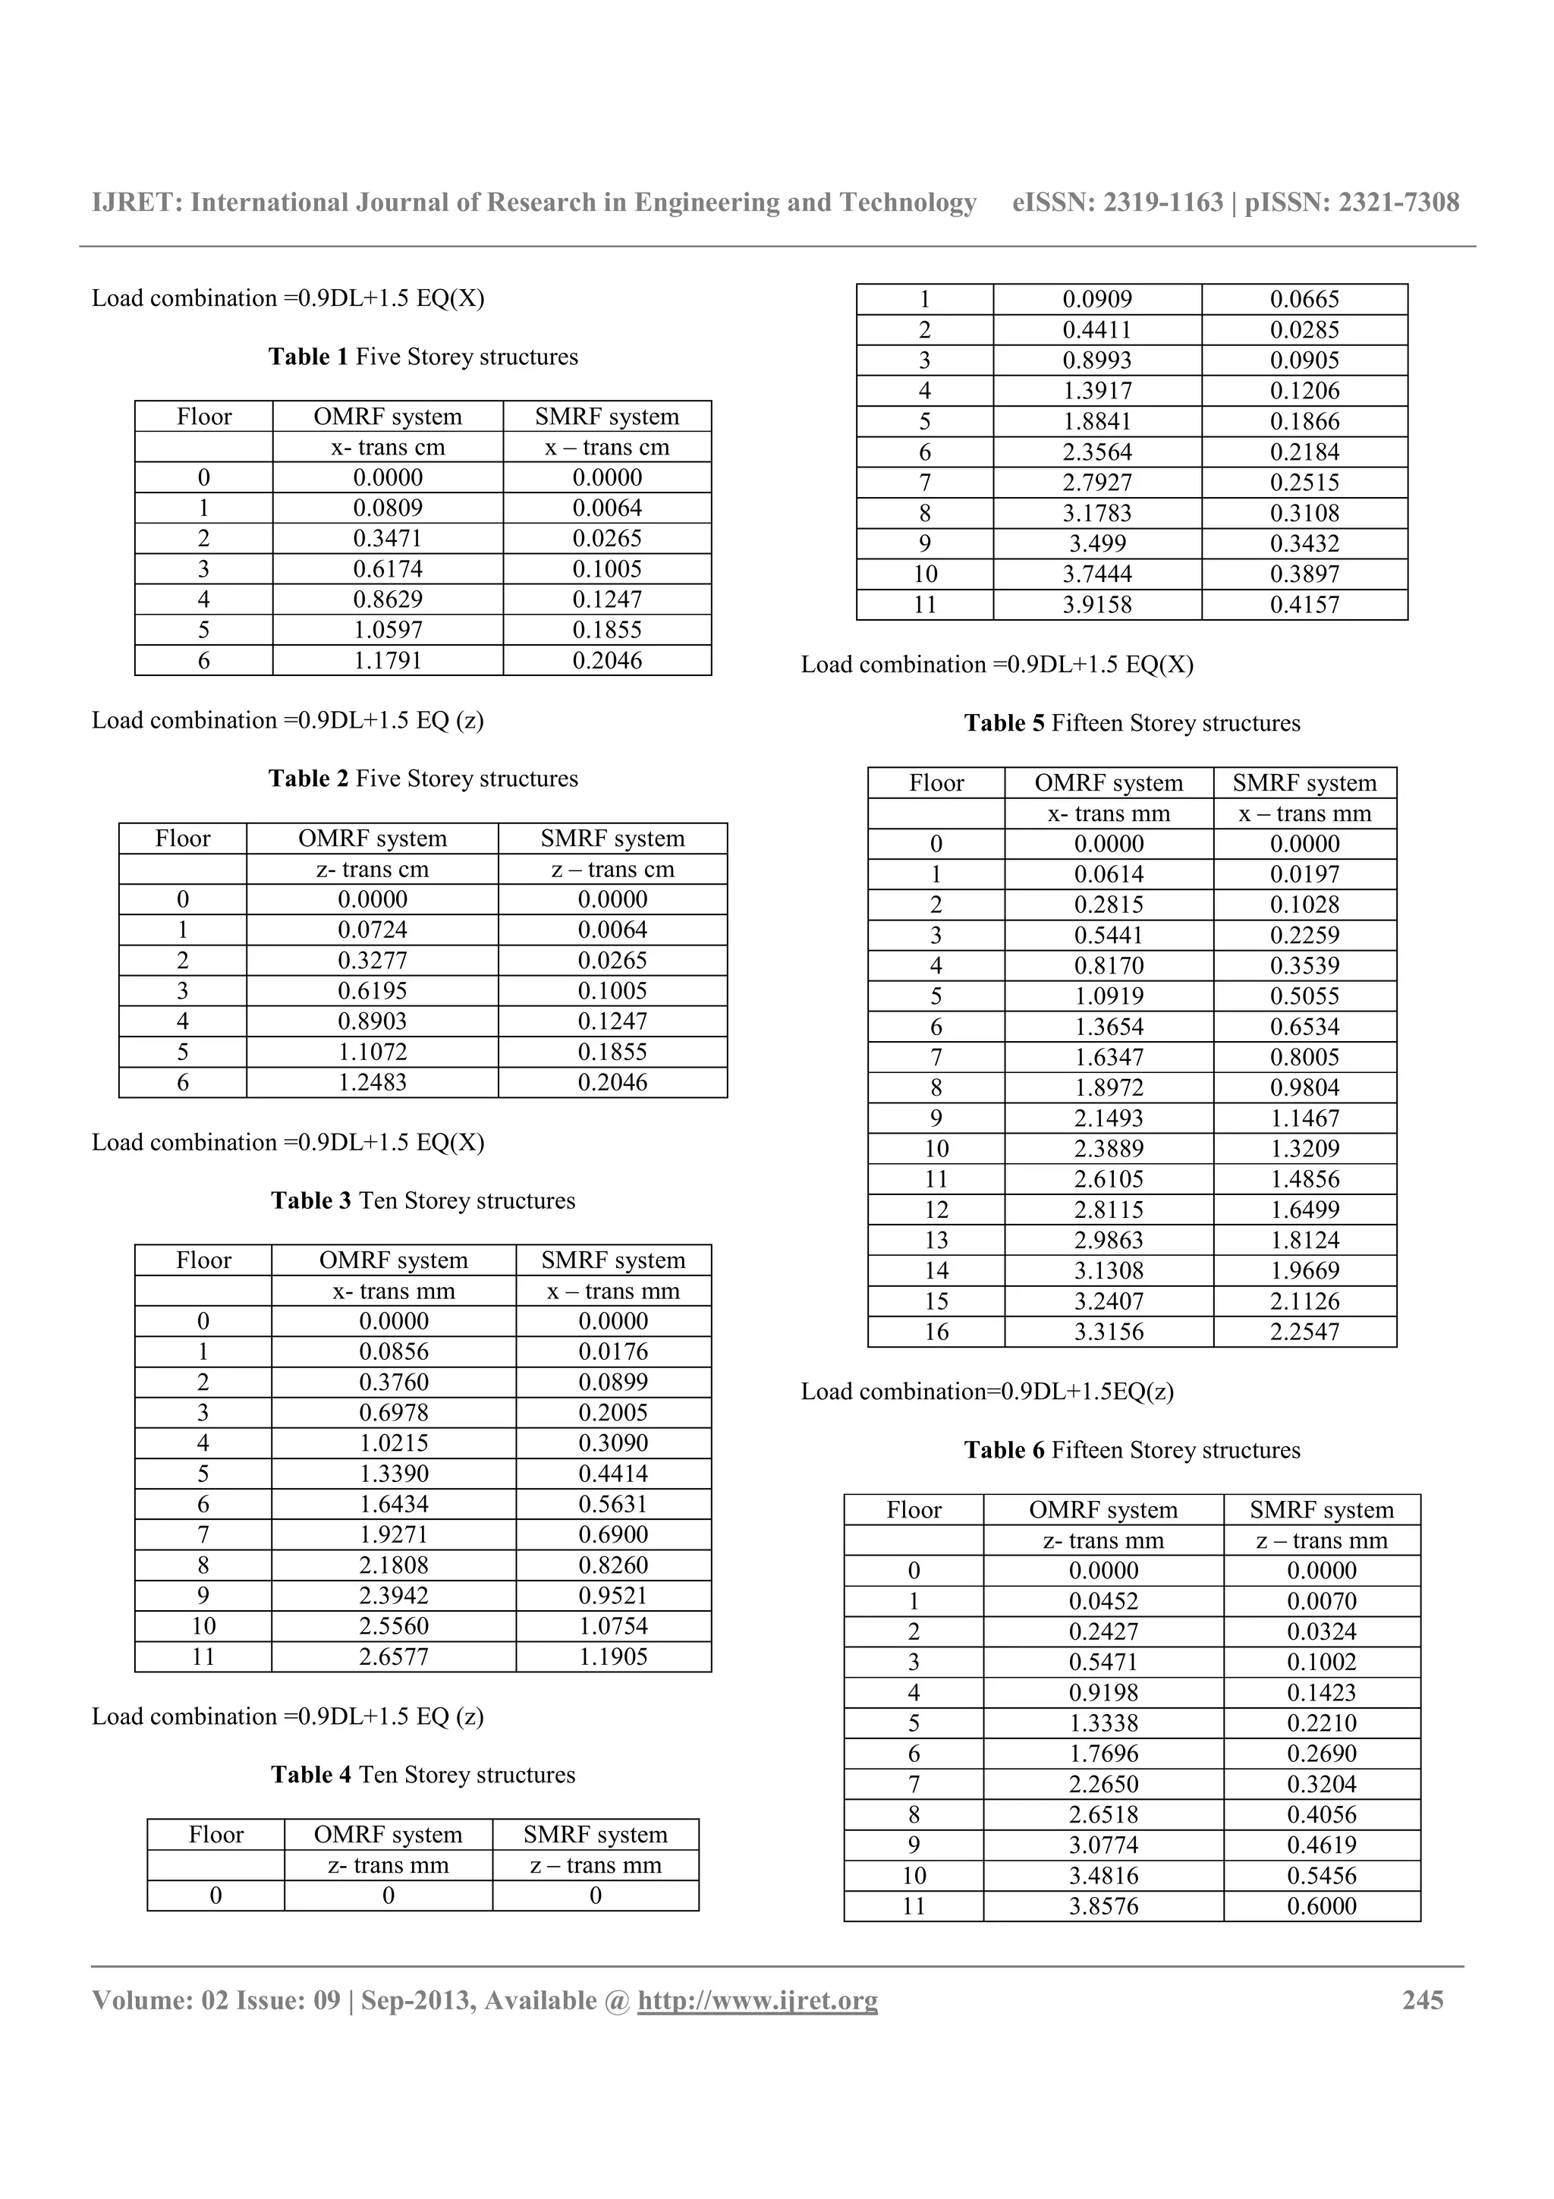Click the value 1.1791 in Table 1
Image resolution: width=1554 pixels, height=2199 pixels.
387,661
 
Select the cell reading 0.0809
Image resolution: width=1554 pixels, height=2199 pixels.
387,508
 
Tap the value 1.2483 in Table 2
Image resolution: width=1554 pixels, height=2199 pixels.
372,1084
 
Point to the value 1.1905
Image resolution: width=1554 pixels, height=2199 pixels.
613,1658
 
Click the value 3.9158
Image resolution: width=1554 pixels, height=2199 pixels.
1096,606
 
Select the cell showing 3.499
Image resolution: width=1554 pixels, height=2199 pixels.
1096,544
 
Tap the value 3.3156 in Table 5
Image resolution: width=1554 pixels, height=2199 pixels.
1108,1332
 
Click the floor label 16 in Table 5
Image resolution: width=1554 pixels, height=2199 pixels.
936,1332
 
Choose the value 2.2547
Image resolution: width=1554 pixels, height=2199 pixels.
1304,1332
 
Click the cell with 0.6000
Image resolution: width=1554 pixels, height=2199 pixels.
1321,1907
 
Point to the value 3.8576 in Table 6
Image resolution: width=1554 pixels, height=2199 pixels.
1103,1907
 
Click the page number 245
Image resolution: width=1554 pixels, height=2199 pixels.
1422,2001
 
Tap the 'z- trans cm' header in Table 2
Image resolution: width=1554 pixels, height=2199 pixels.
372,870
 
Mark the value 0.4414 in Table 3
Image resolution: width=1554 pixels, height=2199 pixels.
613,1474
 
